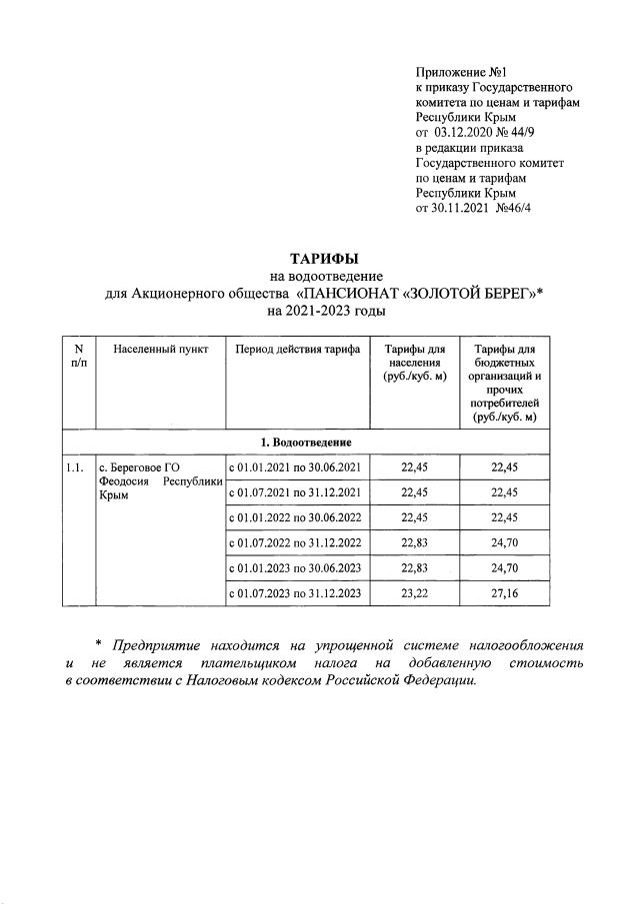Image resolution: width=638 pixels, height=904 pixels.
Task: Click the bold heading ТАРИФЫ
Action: tap(317, 260)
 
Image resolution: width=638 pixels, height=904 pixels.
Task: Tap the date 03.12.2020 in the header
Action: tap(469, 131)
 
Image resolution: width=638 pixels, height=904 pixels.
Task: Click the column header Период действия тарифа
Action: tap(297, 349)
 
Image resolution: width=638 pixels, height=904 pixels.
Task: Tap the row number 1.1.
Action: tap(74, 466)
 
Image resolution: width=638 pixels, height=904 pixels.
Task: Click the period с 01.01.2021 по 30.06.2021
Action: tap(296, 466)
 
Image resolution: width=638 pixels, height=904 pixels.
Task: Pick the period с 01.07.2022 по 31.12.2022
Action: tap(296, 543)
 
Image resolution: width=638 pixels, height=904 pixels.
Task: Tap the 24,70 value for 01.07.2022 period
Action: tap(505, 543)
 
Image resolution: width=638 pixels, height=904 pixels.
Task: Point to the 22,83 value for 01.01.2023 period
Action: tap(414, 568)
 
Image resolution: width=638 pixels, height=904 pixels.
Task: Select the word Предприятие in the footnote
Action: tap(156, 644)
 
